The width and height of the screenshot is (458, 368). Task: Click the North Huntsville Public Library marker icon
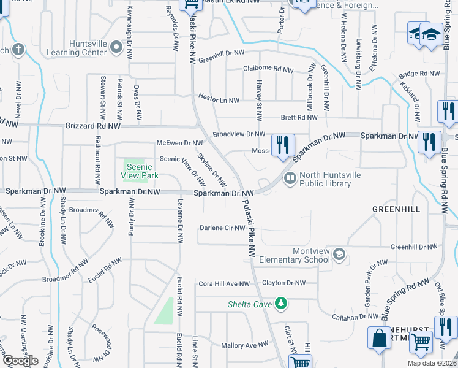coord(290,178)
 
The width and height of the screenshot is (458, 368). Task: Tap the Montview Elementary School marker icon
coord(339,255)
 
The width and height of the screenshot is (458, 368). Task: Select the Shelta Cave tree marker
coord(281,303)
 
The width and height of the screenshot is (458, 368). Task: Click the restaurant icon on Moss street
coord(282,145)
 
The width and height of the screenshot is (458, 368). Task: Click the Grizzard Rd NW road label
coord(92,126)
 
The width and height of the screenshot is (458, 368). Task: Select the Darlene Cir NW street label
coord(222,228)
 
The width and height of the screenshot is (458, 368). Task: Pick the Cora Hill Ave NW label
coord(224,284)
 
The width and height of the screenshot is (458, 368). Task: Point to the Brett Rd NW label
coord(299,117)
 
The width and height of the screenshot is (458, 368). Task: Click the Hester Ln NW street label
coord(219,98)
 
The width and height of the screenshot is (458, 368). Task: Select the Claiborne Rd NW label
coord(268,69)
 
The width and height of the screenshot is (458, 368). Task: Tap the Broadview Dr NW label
coord(239,134)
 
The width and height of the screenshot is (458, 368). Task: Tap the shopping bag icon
coord(379,338)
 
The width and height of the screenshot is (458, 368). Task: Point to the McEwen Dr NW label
coord(179,143)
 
